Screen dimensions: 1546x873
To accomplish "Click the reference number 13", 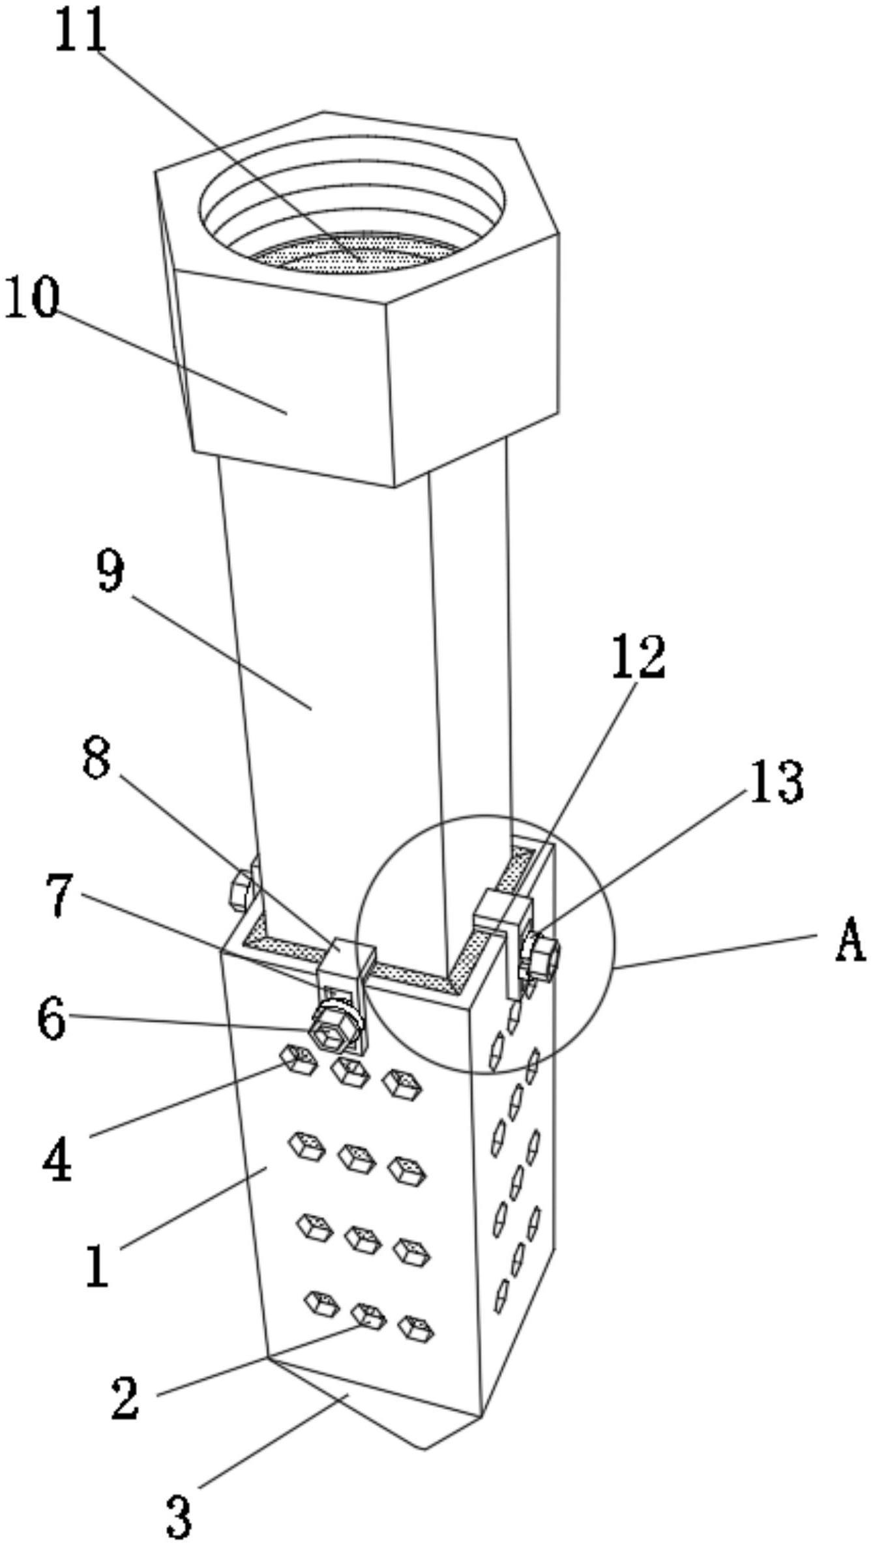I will tap(775, 781).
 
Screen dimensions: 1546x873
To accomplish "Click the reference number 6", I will tap(52, 1020).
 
